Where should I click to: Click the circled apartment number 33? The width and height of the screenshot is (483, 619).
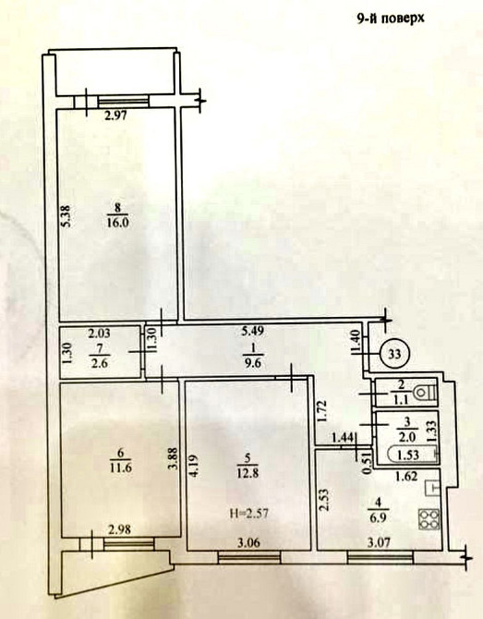[395, 354]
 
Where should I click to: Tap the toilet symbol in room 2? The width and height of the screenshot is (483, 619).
[425, 393]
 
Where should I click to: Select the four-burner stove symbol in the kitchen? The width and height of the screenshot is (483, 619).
[429, 519]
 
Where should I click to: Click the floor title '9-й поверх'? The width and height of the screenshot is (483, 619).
[391, 18]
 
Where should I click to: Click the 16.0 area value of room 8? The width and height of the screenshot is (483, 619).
[117, 223]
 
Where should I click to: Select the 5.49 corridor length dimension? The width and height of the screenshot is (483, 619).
[252, 332]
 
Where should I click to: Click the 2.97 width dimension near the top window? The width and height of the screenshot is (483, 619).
[115, 116]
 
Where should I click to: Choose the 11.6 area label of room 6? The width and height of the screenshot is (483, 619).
[121, 468]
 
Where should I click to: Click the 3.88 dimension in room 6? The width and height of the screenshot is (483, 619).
[172, 459]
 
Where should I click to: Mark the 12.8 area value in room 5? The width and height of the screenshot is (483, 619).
[248, 473]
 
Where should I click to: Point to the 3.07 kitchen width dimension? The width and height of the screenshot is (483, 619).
[379, 543]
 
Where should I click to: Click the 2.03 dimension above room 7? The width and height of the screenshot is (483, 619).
[99, 334]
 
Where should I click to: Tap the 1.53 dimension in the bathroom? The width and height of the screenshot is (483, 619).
[407, 455]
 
